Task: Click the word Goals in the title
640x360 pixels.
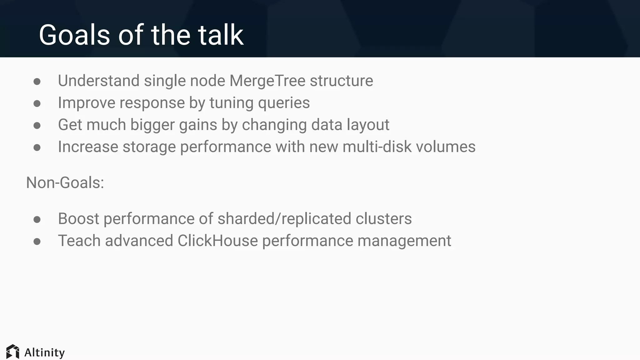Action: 74,35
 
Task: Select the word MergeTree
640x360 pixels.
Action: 267,81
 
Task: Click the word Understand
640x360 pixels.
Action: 98,81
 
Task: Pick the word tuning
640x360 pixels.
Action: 231,103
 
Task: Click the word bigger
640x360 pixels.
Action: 152,125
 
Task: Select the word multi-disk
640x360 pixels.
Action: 377,147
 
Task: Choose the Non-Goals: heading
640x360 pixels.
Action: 65,182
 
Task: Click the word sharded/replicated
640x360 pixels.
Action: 284,219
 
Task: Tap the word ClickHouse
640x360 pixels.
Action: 218,241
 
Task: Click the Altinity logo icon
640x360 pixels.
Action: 13,352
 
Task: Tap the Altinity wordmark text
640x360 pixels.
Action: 44,352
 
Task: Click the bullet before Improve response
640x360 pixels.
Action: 37,103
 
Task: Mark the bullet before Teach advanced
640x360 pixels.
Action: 37,242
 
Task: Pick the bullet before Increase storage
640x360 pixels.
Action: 37,147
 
